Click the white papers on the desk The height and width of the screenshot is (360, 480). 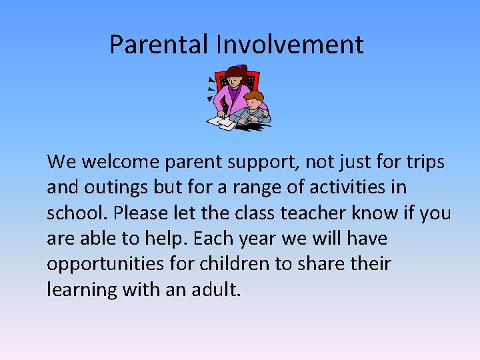click(222, 121)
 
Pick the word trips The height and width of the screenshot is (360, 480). click(423, 162)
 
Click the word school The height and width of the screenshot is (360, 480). click(76, 213)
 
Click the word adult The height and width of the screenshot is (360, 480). click(216, 289)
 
